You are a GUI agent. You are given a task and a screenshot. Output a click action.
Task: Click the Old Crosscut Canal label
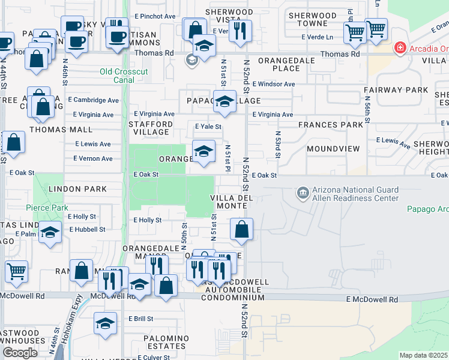126,77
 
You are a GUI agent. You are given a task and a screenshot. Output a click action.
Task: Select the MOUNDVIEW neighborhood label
333,148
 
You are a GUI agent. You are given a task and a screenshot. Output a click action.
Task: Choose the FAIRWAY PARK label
396,91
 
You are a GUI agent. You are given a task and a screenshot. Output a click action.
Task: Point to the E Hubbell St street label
87,229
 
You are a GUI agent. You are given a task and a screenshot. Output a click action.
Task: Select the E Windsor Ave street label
273,84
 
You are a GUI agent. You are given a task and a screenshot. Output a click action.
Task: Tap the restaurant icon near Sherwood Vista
240,31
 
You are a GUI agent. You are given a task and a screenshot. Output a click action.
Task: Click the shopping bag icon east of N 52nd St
241,229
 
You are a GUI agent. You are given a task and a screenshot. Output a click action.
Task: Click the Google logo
20,353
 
